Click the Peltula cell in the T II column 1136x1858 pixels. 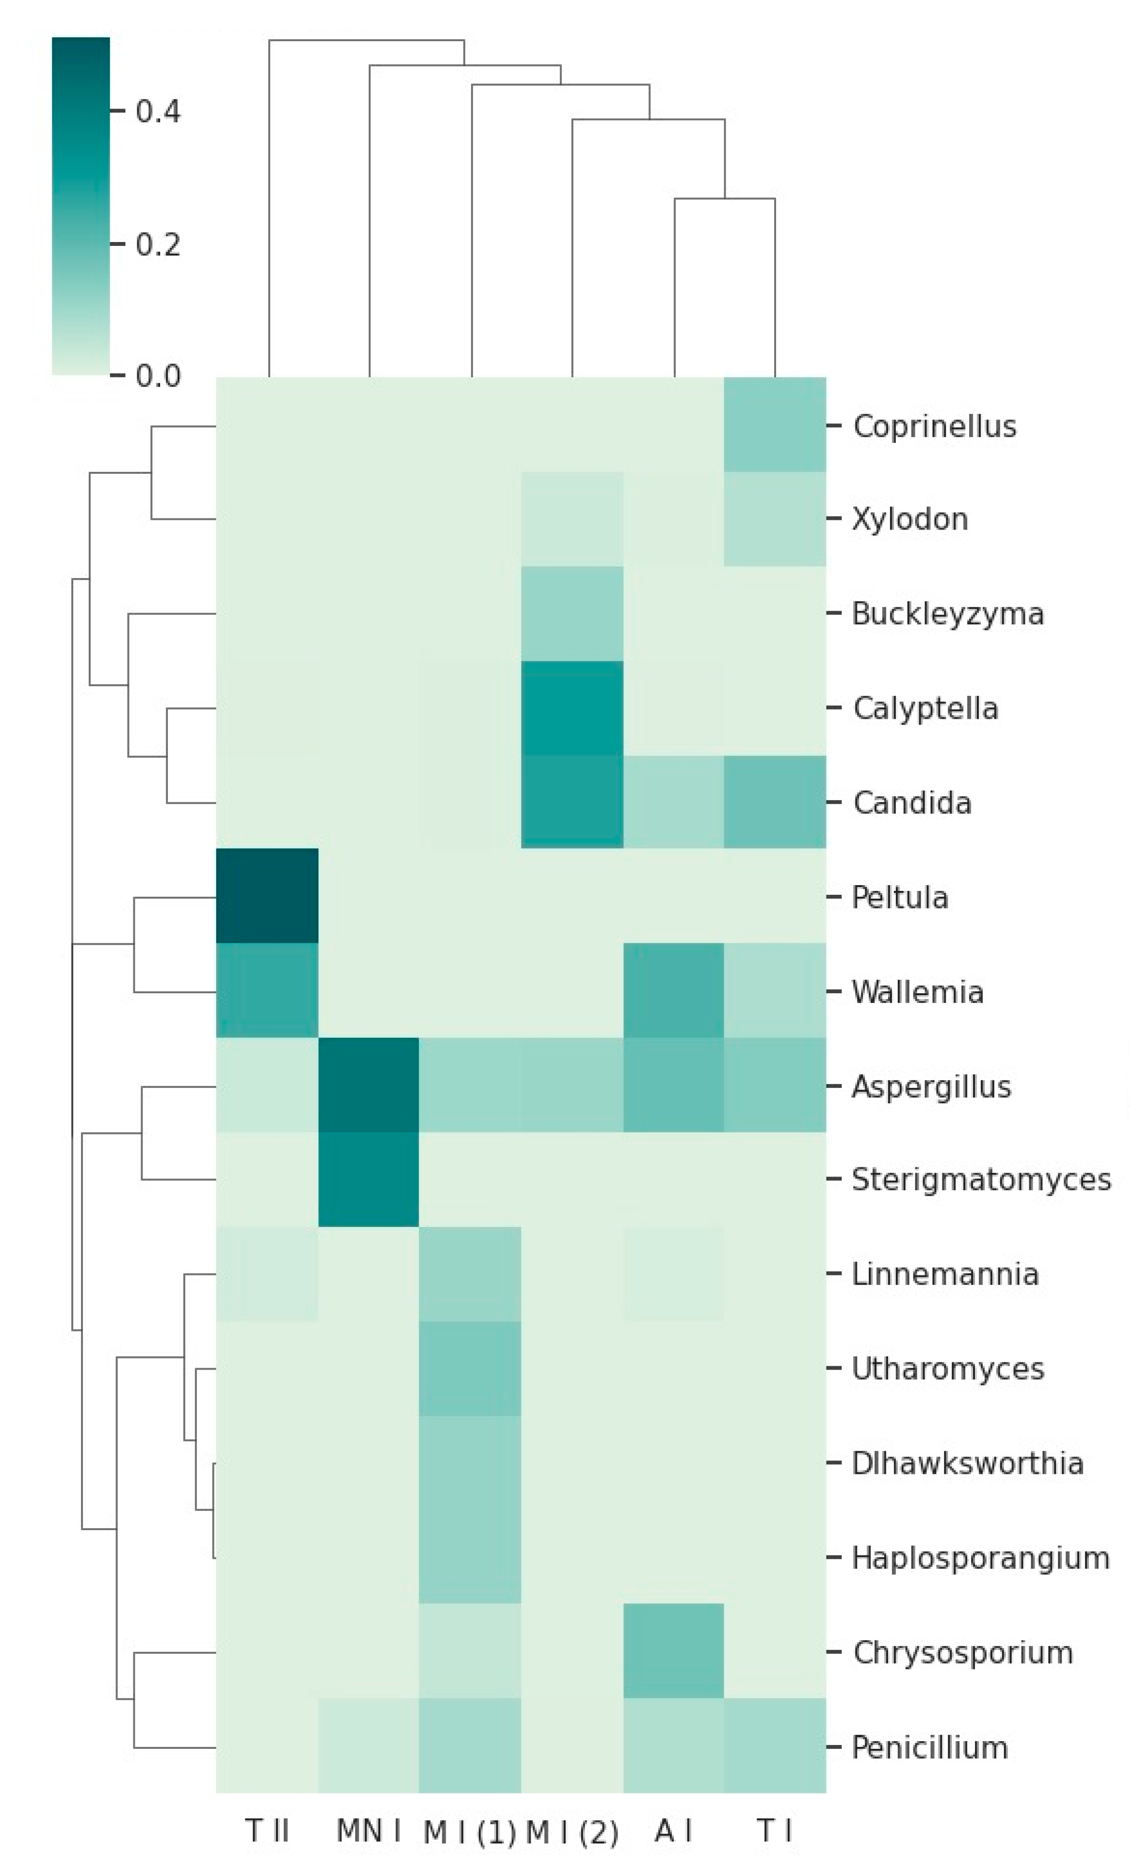(267, 896)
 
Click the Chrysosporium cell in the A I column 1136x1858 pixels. (674, 1651)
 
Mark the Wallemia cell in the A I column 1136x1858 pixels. (674, 991)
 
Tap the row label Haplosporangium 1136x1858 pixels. (980, 1558)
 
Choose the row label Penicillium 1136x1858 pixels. (929, 1746)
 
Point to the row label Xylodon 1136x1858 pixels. (909, 519)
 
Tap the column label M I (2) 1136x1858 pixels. (572, 1832)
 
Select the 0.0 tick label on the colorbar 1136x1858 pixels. (158, 375)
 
